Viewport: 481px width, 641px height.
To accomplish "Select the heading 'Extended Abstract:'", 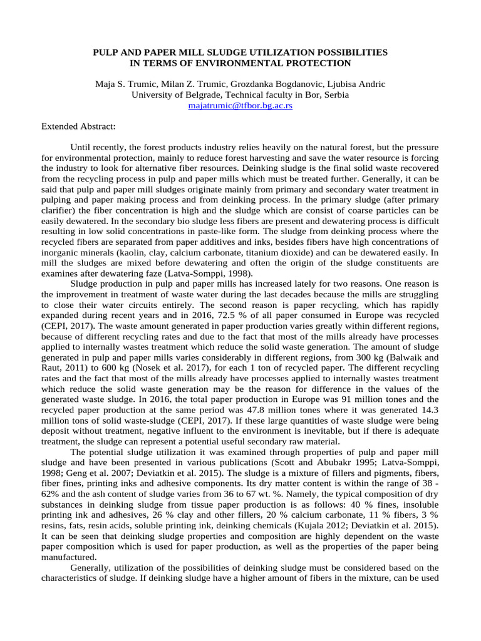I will pos(78,126).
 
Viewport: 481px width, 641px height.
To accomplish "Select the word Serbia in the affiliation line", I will pos(336,95).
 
